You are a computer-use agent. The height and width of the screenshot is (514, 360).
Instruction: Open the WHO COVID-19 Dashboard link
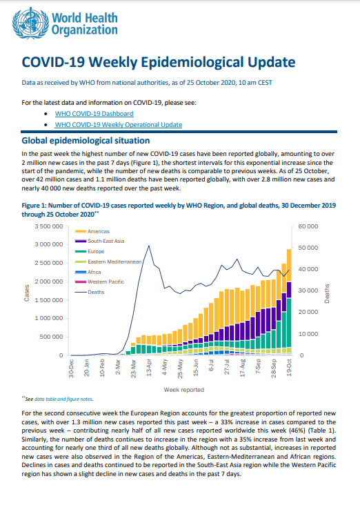[94, 114]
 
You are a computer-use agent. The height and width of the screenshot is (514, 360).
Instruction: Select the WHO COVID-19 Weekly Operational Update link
[118, 125]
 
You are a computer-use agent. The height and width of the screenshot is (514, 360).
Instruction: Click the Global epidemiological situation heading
[86, 141]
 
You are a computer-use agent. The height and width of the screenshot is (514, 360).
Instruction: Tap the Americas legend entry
[92, 231]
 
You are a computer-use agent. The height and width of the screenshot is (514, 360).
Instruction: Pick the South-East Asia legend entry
[99, 241]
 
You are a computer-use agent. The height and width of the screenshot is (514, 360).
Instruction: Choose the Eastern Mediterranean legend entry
[108, 261]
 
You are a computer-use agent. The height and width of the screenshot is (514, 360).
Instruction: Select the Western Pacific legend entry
[99, 281]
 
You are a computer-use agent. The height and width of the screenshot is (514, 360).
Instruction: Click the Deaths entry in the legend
[90, 292]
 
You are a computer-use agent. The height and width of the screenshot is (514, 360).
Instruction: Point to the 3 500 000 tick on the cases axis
[49, 226]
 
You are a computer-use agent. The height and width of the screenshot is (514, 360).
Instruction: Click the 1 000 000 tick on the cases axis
[49, 318]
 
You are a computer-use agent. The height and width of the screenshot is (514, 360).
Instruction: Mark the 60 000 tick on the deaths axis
[308, 226]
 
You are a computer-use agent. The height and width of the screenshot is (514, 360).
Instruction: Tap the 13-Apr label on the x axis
[149, 368]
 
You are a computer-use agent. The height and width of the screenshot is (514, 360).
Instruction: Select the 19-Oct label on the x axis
[289, 368]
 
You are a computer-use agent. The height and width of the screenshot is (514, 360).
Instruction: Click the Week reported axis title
[183, 390]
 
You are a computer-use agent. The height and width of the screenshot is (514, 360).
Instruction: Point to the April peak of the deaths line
[149, 246]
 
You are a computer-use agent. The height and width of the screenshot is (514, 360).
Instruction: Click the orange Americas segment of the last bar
[289, 266]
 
